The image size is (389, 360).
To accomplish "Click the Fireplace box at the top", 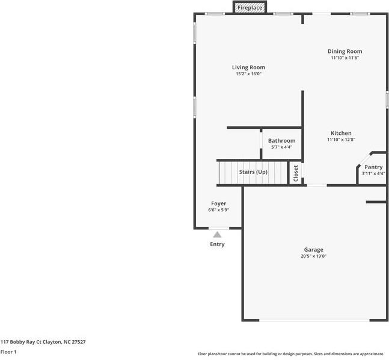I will pyautogui.click(x=249, y=8).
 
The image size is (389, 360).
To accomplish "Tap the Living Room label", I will pyautogui.click(x=248, y=67).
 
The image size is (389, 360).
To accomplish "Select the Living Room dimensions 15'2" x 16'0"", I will pyautogui.click(x=248, y=74).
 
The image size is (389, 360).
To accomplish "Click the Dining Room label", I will pyautogui.click(x=345, y=52).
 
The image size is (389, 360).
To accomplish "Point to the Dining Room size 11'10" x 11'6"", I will pyautogui.click(x=345, y=58).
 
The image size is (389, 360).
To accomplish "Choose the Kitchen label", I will pyautogui.click(x=341, y=133).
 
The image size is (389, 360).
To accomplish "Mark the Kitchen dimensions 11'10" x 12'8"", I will pyautogui.click(x=341, y=140).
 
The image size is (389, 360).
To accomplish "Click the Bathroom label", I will pyautogui.click(x=281, y=141).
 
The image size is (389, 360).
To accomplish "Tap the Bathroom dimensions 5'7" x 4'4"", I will pyautogui.click(x=281, y=147).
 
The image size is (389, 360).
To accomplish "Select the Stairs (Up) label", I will pyautogui.click(x=253, y=172).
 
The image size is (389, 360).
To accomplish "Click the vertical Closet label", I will pyautogui.click(x=296, y=173).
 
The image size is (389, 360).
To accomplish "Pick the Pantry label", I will pyautogui.click(x=373, y=167).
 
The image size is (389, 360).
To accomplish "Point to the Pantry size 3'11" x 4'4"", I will pyautogui.click(x=373, y=174).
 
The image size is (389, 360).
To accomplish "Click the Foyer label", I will pyautogui.click(x=218, y=203).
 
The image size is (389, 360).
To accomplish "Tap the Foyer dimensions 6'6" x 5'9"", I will pyautogui.click(x=218, y=210).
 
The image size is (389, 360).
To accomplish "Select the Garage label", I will pyautogui.click(x=313, y=249).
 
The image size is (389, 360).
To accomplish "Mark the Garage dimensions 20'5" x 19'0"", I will pyautogui.click(x=313, y=256).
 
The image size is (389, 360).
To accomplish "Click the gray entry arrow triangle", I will pyautogui.click(x=217, y=235).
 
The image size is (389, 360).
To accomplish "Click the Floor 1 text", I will pyautogui.click(x=8, y=352).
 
